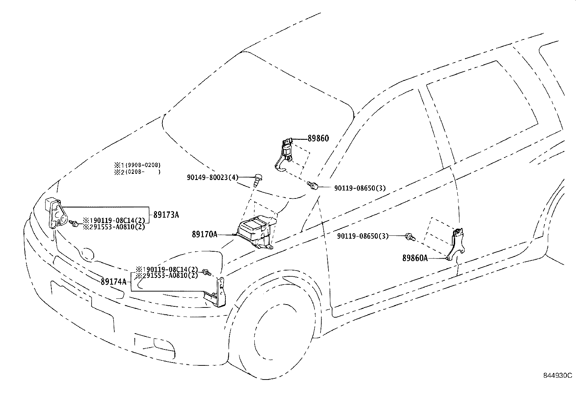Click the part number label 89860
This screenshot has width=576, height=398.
[318, 138]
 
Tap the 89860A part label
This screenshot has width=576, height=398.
[415, 258]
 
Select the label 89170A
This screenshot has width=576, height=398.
[204, 234]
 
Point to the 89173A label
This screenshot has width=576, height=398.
[166, 215]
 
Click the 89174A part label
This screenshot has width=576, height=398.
[113, 282]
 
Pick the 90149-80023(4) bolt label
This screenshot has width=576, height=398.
[212, 177]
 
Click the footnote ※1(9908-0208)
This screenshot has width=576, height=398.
[137, 165]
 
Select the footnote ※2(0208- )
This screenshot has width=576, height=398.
[137, 172]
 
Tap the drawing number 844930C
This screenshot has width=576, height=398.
[558, 376]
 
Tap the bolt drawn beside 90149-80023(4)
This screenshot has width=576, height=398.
[258, 180]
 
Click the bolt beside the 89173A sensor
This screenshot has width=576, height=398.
[74, 223]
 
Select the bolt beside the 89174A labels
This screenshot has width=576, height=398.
[207, 272]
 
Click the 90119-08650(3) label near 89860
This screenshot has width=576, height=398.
[360, 188]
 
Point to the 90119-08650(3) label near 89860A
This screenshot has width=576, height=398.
[363, 236]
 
